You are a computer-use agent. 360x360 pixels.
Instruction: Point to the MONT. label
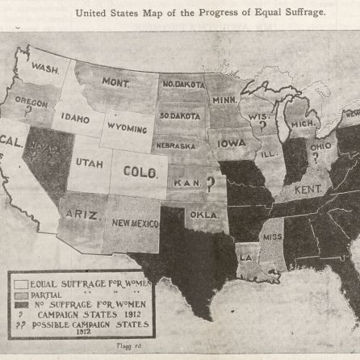click(115, 82)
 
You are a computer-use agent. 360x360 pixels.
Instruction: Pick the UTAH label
click(90, 161)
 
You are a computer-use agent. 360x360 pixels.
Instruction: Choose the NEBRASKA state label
click(177, 147)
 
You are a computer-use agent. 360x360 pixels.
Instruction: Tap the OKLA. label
click(202, 216)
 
